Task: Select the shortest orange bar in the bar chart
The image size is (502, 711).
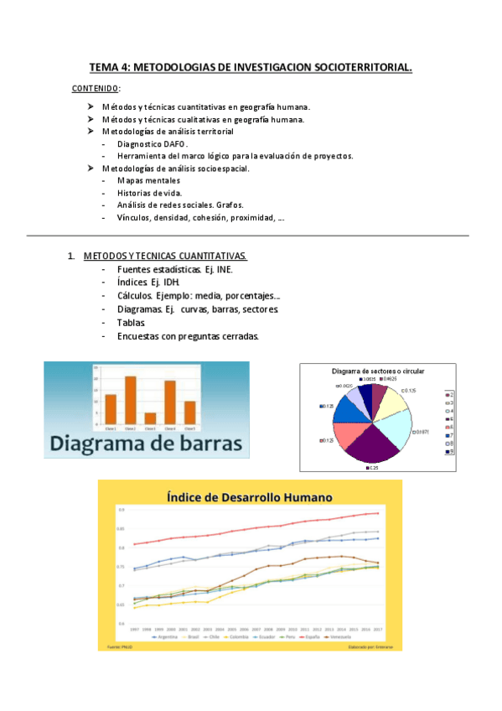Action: (x=150, y=418)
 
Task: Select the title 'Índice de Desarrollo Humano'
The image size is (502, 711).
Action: (x=249, y=496)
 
